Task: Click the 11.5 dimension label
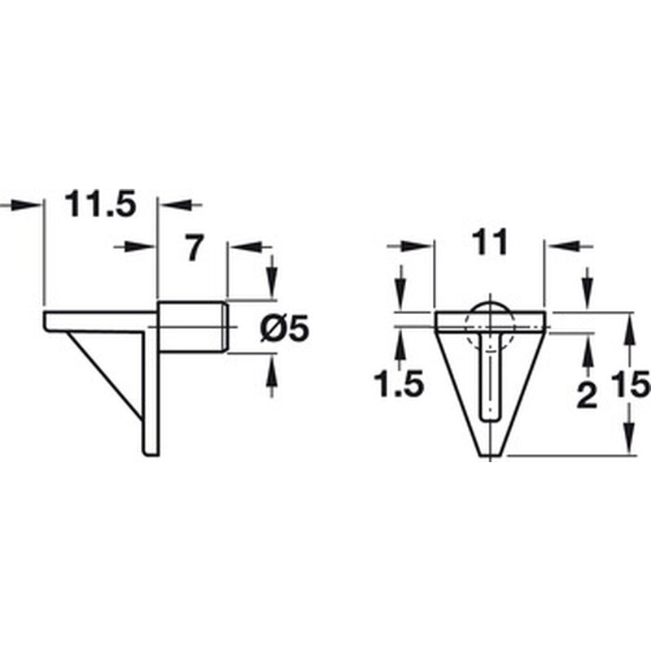click(101, 204)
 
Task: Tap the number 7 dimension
click(194, 247)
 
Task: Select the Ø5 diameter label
click(285, 328)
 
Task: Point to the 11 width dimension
click(490, 241)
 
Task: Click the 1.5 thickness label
click(399, 384)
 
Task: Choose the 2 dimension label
click(587, 395)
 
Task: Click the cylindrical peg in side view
click(192, 327)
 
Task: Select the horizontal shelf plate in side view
click(100, 321)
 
